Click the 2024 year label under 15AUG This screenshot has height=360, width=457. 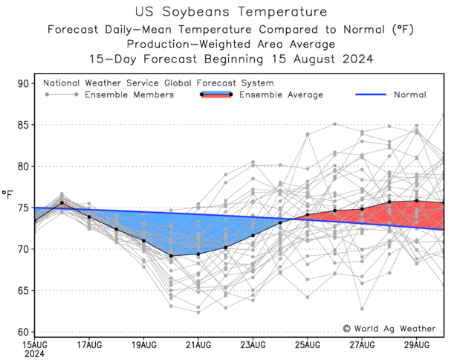point(34,355)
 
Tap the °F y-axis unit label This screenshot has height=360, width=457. point(7,196)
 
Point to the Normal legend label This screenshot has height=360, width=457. point(409,95)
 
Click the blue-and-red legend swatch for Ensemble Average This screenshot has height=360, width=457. point(216,94)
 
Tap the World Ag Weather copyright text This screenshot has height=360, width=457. point(391,328)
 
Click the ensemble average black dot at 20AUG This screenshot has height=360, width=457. point(172,256)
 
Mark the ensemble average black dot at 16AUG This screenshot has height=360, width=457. point(62,203)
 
